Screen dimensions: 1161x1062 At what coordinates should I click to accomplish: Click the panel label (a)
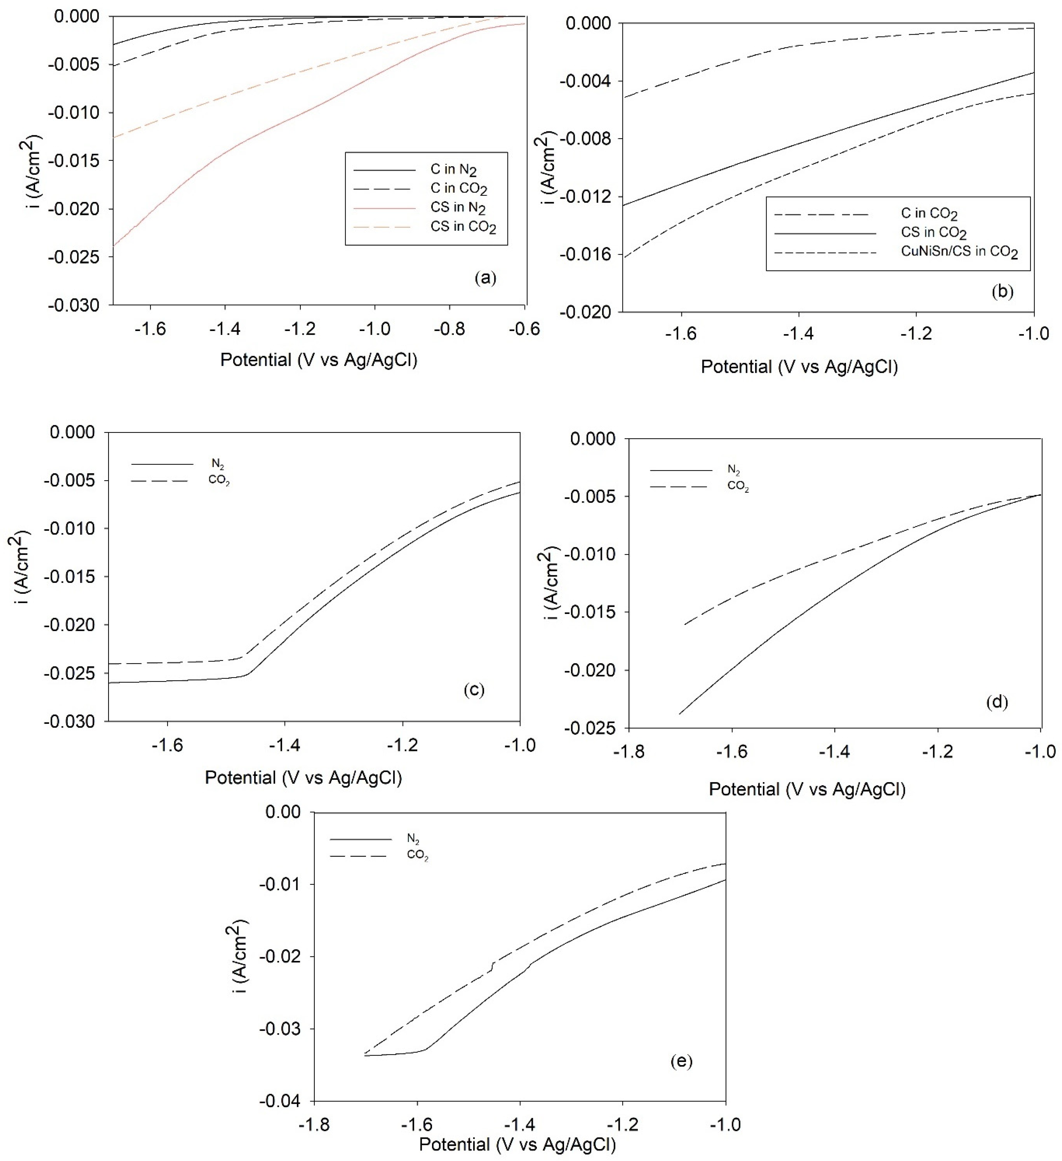485,278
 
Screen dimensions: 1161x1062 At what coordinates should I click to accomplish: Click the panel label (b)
1002,291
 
